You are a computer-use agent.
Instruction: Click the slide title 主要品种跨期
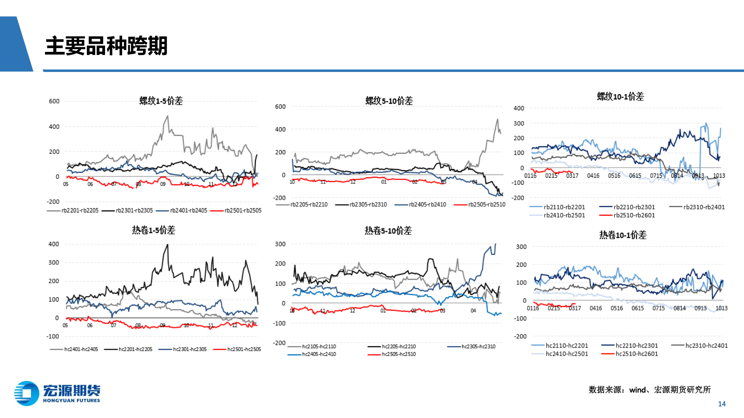tap(106, 46)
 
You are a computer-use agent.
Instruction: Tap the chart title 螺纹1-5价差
tap(161, 101)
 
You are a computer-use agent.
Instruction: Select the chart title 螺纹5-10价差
tap(389, 101)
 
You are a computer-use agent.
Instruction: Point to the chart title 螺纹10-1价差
tap(620, 97)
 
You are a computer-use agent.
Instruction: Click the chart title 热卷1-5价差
tap(153, 230)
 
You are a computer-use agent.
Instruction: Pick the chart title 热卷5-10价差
tap(388, 231)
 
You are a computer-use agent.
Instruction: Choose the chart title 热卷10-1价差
tap(623, 235)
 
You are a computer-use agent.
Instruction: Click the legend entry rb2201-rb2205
tap(80, 211)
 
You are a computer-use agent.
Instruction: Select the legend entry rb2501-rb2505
tap(243, 211)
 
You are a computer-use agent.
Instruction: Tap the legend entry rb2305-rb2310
tap(368, 204)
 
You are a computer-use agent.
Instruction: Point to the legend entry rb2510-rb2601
tap(634, 215)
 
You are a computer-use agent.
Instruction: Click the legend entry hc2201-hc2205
tap(135, 349)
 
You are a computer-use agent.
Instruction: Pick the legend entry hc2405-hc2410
tap(319, 354)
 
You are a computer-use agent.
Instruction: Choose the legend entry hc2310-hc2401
tap(706, 346)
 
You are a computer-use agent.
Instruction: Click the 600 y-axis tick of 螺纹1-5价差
tap(54, 101)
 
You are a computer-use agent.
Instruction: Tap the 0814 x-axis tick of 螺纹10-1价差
tap(677, 176)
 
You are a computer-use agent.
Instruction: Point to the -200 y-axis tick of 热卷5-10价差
tap(279, 343)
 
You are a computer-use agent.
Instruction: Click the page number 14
tap(722, 404)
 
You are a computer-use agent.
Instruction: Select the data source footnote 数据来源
tap(649, 390)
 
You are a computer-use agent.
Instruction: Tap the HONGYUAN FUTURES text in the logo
tap(71, 401)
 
